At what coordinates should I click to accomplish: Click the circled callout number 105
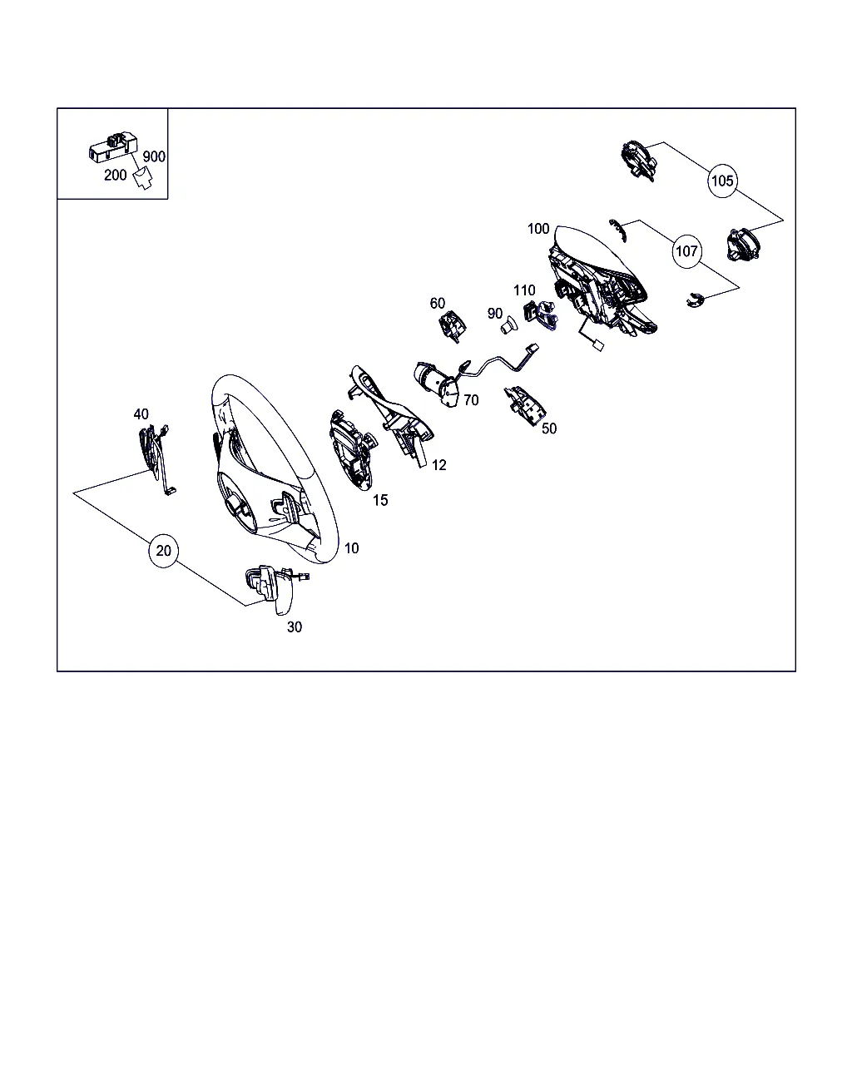(722, 181)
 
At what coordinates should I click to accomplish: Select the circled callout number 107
(686, 251)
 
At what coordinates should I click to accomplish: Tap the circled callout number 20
(163, 551)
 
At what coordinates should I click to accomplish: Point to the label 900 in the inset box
(154, 156)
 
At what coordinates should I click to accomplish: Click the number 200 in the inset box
(116, 175)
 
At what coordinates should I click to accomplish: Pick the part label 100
(538, 229)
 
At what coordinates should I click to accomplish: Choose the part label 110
(524, 290)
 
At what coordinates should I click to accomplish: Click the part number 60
(437, 303)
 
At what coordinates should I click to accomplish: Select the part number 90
(494, 314)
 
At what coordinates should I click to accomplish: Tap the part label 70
(471, 400)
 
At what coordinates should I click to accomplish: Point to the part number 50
(549, 428)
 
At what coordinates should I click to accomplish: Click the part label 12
(438, 465)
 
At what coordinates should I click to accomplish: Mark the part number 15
(380, 500)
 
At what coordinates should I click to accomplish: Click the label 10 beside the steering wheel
(351, 548)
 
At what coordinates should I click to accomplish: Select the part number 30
(294, 627)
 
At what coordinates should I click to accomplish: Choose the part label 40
(141, 414)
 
